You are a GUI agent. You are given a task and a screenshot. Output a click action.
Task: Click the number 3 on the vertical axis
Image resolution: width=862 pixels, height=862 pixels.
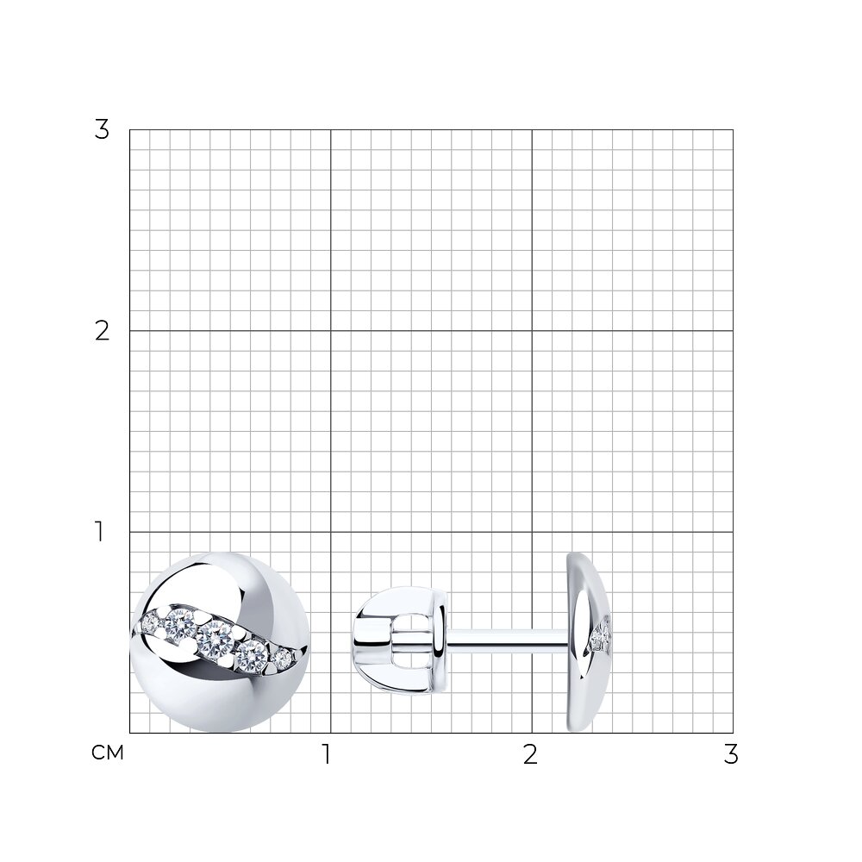pos(102,130)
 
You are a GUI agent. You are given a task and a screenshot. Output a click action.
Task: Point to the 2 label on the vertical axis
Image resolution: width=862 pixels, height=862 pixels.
pos(102,332)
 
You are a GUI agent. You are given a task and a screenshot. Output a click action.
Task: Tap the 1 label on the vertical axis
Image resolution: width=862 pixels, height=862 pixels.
pos(99,532)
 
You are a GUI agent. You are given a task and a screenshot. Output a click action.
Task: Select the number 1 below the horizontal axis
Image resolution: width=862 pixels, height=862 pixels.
pos(327,755)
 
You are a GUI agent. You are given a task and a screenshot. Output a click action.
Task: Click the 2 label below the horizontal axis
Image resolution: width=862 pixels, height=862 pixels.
pos(530,755)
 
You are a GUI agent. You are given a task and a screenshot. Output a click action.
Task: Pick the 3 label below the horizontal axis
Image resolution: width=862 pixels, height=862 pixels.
pos(731,755)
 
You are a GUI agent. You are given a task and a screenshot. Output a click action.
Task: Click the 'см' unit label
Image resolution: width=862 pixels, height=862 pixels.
pos(107,753)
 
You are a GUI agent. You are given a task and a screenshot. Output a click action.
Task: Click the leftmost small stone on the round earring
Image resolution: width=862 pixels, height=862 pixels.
pos(149,623)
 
